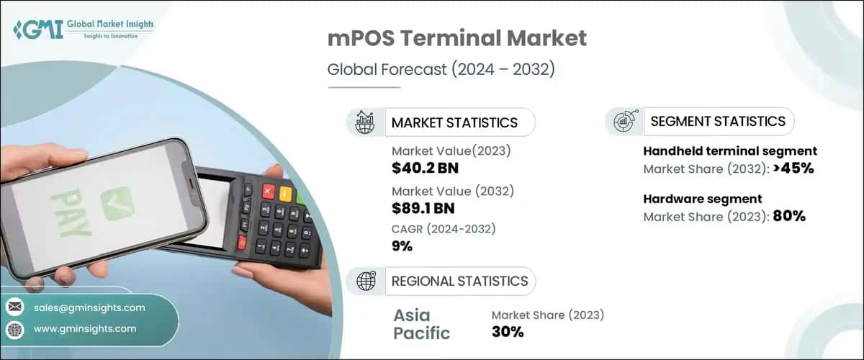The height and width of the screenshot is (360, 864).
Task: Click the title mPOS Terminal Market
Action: (457, 39)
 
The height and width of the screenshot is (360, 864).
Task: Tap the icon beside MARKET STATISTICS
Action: (365, 122)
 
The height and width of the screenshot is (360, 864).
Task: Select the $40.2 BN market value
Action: (425, 168)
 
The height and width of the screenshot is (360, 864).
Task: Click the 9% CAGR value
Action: (402, 246)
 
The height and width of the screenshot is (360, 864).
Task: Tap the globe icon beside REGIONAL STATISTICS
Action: (365, 281)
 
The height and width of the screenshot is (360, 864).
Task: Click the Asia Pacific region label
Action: (421, 324)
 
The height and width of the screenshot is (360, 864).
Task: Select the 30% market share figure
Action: (508, 332)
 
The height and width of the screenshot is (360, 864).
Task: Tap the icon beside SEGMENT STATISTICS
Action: (624, 122)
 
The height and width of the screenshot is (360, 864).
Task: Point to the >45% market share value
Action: (791, 169)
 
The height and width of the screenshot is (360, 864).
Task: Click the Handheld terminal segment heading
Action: (729, 151)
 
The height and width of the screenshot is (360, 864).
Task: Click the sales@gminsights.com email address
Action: (89, 307)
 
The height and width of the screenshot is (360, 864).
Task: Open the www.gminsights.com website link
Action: (85, 329)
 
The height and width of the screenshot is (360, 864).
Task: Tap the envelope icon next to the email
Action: (15, 307)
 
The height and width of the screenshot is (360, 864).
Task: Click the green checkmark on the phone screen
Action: (116, 204)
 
